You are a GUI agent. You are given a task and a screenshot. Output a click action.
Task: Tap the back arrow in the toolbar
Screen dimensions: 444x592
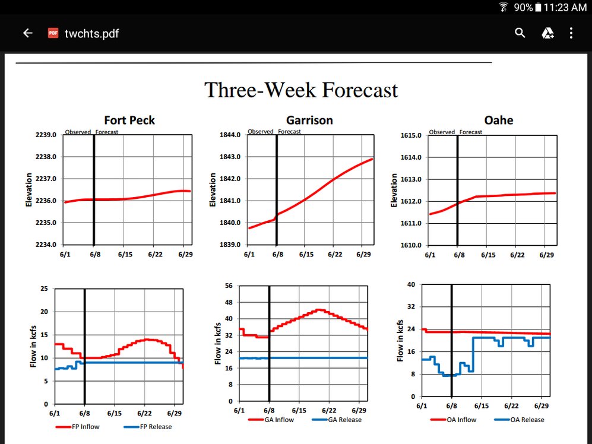click(x=27, y=33)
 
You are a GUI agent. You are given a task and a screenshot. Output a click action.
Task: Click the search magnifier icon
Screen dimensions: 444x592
click(x=520, y=33)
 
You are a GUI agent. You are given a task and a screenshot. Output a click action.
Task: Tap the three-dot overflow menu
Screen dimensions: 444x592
click(x=571, y=33)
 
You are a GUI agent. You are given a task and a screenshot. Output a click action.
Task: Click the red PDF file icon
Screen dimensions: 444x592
click(x=53, y=33)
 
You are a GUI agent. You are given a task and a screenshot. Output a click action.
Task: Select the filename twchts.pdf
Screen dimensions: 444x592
click(x=91, y=33)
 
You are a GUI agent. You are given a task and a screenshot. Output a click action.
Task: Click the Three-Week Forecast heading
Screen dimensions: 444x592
click(x=301, y=90)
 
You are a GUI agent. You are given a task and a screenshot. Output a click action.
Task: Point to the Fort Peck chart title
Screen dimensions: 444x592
click(x=129, y=120)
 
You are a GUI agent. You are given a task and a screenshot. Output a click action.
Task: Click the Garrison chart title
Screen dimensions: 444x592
click(x=309, y=120)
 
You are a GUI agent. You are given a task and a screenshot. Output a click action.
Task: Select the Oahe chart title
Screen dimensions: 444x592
click(x=498, y=120)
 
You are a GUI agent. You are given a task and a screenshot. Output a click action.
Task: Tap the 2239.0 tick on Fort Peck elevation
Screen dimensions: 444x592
click(x=46, y=135)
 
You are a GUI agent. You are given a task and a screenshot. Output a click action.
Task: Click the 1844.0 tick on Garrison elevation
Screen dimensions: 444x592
click(x=230, y=135)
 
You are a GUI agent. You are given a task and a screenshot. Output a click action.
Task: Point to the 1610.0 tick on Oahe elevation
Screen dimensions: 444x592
click(x=411, y=245)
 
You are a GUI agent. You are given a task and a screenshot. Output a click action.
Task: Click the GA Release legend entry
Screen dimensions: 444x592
click(x=344, y=420)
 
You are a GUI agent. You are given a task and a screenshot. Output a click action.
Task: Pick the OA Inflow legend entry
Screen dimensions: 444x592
click(x=461, y=420)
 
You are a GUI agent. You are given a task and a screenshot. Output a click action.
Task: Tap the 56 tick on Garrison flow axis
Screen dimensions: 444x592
click(x=229, y=286)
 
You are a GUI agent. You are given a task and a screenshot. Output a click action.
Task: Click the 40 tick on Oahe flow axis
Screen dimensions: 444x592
click(x=410, y=284)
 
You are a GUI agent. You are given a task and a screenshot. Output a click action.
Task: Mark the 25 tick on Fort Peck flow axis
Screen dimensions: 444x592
click(x=43, y=289)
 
